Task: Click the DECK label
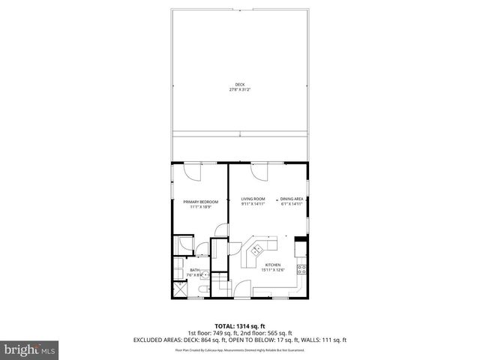tap(239, 85)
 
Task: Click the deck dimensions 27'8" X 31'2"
tap(239, 90)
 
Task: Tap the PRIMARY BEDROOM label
tap(200, 201)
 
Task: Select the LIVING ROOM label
tap(252, 199)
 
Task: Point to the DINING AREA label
tap(292, 199)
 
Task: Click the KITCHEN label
tap(272, 265)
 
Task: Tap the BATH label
tap(194, 270)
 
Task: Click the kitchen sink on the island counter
tap(258, 250)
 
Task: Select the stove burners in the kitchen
tap(300, 268)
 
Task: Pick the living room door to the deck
tap(259, 173)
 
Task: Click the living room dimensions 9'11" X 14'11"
tap(252, 204)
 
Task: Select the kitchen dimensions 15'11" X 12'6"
tap(272, 270)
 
